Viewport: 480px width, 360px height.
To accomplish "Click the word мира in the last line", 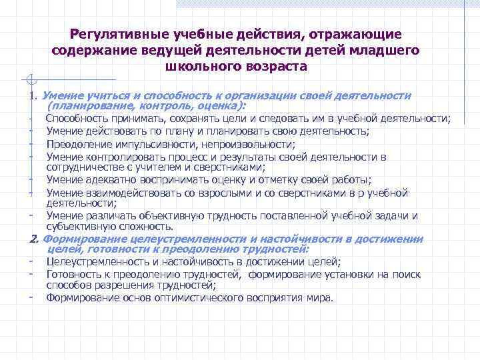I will pos(319,297).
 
